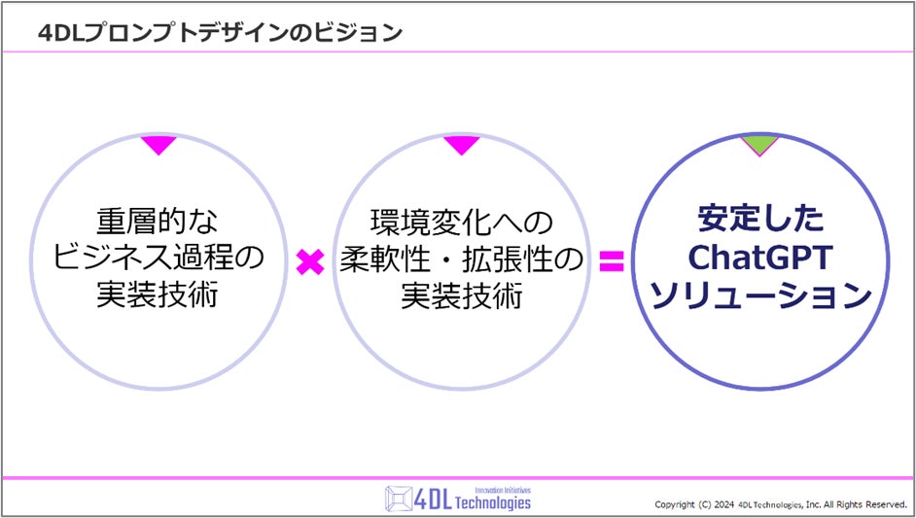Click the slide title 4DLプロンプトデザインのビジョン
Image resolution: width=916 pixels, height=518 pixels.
[x=219, y=33]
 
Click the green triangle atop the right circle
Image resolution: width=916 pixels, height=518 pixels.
[x=758, y=146]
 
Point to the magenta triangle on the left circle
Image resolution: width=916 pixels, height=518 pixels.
[x=159, y=146]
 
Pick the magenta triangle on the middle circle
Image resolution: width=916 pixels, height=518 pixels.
[x=461, y=146]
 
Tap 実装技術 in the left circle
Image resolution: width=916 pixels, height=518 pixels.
[x=159, y=296]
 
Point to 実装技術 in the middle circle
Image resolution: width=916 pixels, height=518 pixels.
[x=461, y=296]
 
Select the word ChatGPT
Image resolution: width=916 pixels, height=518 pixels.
[x=758, y=258]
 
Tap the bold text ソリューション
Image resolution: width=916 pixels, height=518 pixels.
[x=758, y=294]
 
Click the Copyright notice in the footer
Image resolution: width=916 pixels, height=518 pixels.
[x=781, y=504]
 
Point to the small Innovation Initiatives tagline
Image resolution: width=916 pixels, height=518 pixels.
[x=502, y=490]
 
